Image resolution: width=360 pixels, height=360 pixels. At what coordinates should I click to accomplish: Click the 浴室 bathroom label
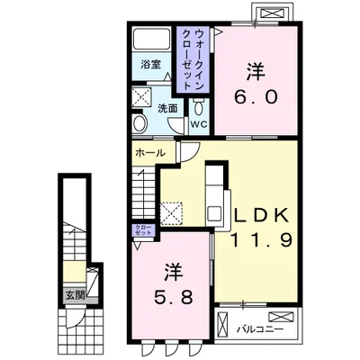coord(148,65)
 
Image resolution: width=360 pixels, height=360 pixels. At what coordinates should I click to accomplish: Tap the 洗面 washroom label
coord(168,107)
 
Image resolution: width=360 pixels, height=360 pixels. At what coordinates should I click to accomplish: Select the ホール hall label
coord(148,153)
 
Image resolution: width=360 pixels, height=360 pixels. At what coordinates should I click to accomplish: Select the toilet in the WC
coord(199,109)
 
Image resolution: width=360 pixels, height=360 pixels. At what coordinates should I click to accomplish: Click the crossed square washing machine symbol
coord(142,97)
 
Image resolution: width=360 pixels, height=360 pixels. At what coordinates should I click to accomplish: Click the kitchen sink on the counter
coord(215,213)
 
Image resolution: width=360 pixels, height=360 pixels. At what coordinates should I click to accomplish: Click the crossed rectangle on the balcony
coord(282,317)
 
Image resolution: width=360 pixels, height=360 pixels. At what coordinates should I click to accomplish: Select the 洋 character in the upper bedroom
coord(255,68)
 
